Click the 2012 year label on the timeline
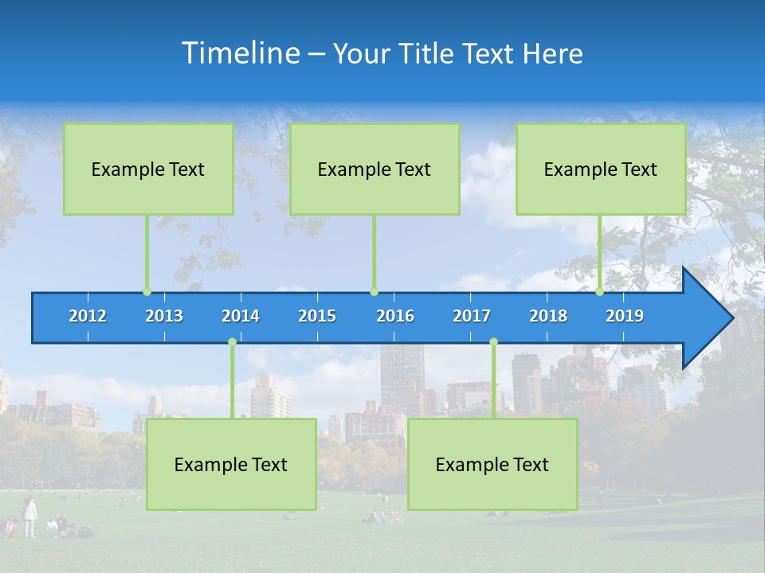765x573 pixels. pyautogui.click(x=88, y=316)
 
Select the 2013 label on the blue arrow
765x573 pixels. pyautogui.click(x=164, y=316)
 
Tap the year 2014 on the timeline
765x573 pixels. pyautogui.click(x=241, y=316)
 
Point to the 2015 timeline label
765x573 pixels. pyautogui.click(x=317, y=316)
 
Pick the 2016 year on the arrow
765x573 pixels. pyautogui.click(x=395, y=316)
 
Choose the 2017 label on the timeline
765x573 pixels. pyautogui.click(x=472, y=316)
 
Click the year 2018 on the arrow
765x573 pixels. pyautogui.click(x=548, y=316)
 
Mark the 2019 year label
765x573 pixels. pyautogui.click(x=625, y=316)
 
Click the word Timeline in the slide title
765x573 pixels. pyautogui.click(x=241, y=53)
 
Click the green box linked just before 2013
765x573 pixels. pyautogui.click(x=148, y=169)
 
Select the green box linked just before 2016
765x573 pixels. pyautogui.click(x=375, y=169)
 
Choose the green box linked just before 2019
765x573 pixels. pyautogui.click(x=601, y=169)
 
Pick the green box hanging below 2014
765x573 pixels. pyautogui.click(x=231, y=464)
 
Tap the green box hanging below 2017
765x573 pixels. pyautogui.click(x=492, y=464)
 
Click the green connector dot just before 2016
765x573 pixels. pyautogui.click(x=374, y=292)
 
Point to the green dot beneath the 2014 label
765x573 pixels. pyautogui.click(x=232, y=342)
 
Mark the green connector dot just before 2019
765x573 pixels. pyautogui.click(x=600, y=292)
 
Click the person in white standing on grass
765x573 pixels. pyautogui.click(x=29, y=516)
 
